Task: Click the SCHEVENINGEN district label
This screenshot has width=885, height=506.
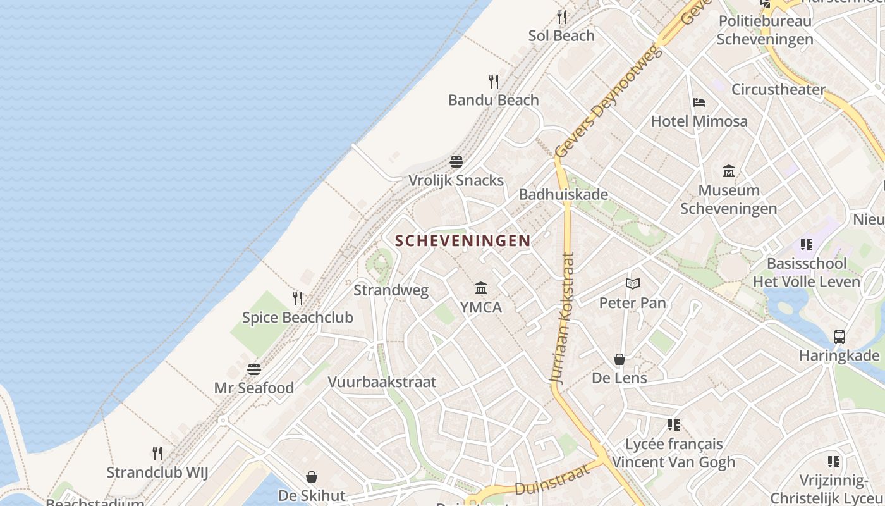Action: click(x=463, y=240)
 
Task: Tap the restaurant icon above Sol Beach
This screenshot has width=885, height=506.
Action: click(x=562, y=17)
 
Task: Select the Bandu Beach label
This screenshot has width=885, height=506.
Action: click(x=493, y=100)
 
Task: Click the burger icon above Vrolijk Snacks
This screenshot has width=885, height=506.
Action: click(x=456, y=162)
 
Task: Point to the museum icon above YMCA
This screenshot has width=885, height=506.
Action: click(x=481, y=288)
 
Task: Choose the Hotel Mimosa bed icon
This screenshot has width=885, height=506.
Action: click(x=699, y=102)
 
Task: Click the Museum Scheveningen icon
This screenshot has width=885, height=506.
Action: click(x=729, y=171)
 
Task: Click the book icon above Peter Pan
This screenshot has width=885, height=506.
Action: click(x=633, y=284)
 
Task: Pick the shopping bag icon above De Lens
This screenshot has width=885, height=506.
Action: click(x=619, y=360)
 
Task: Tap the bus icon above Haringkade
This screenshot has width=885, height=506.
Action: click(x=839, y=337)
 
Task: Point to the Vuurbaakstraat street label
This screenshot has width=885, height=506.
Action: click(x=382, y=382)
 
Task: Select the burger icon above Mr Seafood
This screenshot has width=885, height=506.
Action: click(x=254, y=369)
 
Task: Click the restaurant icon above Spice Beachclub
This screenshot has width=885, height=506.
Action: click(x=298, y=299)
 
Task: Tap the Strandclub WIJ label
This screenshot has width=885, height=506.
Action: click(x=157, y=472)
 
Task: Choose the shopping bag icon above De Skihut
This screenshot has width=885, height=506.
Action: click(x=312, y=477)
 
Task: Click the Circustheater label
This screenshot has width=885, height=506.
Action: click(x=778, y=89)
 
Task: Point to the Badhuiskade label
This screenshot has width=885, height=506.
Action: click(x=563, y=194)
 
